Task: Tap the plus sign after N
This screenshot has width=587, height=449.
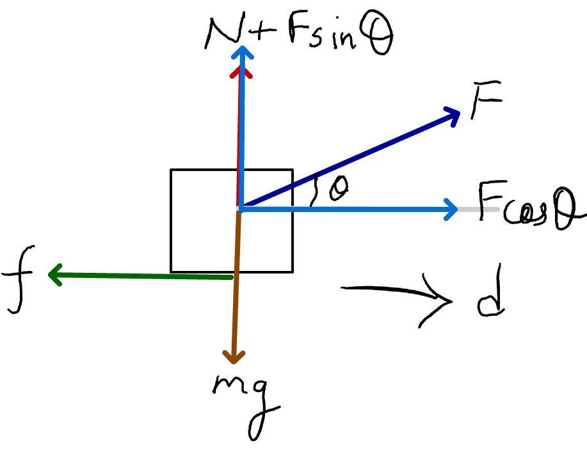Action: coord(261,33)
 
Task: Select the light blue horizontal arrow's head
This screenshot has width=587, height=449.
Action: coord(451,209)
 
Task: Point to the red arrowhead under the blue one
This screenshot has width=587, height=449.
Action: coord(241,74)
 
